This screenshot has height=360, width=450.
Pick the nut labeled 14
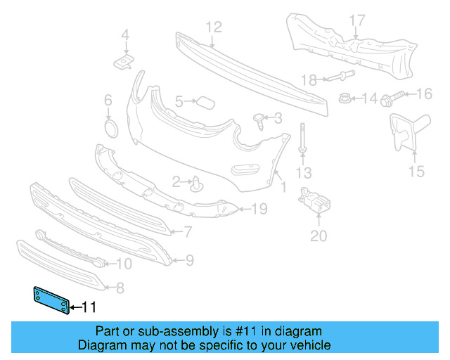pyautogui.click(x=345, y=98)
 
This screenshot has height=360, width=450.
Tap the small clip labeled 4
pyautogui.click(x=124, y=63)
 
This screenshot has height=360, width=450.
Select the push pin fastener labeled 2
pyautogui.click(x=197, y=184)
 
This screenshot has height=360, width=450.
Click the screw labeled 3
pyautogui.click(x=259, y=120)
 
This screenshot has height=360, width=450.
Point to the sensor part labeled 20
pyautogui.click(x=314, y=205)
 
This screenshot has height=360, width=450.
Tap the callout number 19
pyautogui.click(x=259, y=209)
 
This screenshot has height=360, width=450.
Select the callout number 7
pyautogui.click(x=188, y=231)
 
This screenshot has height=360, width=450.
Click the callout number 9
pyautogui.click(x=189, y=261)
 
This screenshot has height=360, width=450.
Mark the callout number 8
pyautogui.click(x=120, y=287)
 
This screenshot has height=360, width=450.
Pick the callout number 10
pyautogui.click(x=123, y=264)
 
